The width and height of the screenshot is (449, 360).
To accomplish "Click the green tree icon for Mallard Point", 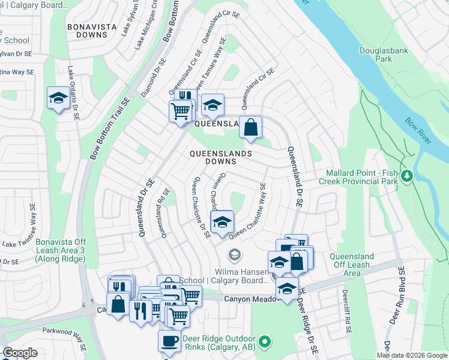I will tap(408, 175).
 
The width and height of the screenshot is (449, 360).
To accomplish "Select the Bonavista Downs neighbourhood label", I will tap(88, 31).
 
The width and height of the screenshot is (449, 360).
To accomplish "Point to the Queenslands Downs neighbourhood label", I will tap(220, 157).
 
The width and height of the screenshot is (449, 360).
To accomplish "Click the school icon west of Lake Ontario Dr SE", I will tap(58, 99).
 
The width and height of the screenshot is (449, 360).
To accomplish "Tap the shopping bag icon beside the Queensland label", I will tap(252, 127).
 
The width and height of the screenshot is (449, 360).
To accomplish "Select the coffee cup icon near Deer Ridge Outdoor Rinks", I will tap(169, 341).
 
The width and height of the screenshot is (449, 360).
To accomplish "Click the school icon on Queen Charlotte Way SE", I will tap(221, 221).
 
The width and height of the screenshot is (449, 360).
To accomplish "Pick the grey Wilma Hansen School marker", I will tap(234, 256).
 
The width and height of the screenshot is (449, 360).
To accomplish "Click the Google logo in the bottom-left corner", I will tap(20, 353).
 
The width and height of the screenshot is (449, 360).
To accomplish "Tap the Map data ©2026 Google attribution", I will tap(412, 355).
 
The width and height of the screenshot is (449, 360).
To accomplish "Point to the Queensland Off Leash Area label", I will tap(352, 265).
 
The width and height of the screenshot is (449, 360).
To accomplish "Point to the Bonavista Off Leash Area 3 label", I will tap(61, 250).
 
